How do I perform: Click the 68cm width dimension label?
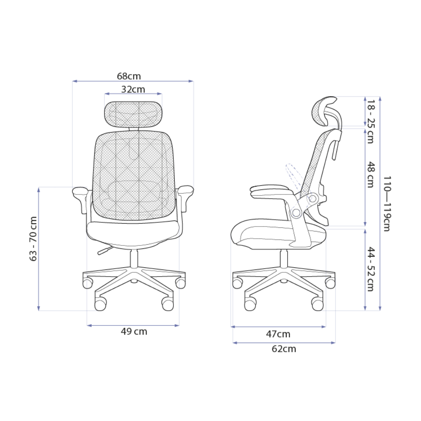[129, 76]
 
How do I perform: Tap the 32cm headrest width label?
[133, 89]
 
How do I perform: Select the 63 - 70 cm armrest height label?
[34, 239]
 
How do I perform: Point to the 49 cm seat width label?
[134, 331]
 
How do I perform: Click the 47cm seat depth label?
[278, 334]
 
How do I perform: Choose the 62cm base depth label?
[283, 349]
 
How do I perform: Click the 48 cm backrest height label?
[370, 175]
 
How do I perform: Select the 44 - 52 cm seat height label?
[370, 269]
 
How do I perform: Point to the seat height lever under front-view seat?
[104, 251]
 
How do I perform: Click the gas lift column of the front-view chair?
[134, 258]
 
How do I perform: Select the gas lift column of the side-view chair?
[284, 258]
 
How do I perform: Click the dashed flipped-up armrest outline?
[292, 175]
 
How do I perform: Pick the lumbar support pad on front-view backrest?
[133, 192]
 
